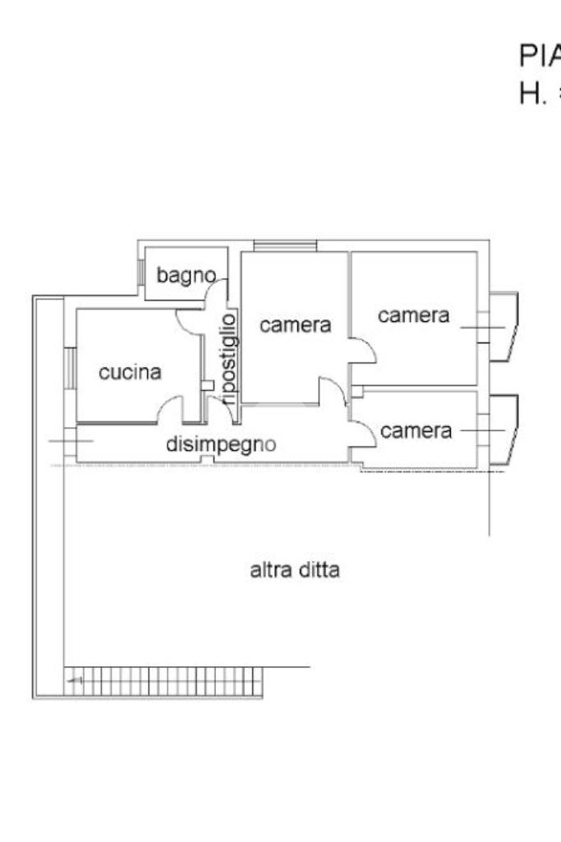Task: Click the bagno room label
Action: (186, 275)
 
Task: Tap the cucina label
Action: (130, 372)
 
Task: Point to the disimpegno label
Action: (221, 444)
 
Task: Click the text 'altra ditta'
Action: (294, 569)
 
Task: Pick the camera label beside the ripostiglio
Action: (296, 324)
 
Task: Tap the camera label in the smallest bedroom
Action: (416, 430)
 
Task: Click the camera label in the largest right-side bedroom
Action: (414, 315)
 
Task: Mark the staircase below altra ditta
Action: (164, 681)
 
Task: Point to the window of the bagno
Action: (140, 272)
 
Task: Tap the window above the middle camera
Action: (284, 245)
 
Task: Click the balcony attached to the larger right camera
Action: (503, 327)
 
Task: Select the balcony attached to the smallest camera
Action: (503, 430)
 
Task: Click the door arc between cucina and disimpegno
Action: (171, 408)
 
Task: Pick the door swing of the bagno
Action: (216, 290)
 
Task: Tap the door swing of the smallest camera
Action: (364, 433)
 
